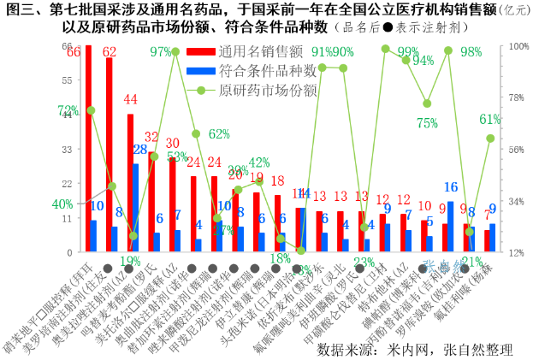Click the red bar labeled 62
point(109,154)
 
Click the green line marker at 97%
point(175,52)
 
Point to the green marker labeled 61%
point(490,138)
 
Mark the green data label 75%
point(428,122)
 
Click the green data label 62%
point(219,133)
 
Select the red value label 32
point(151,137)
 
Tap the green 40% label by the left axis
point(62,204)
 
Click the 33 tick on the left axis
point(67,149)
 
